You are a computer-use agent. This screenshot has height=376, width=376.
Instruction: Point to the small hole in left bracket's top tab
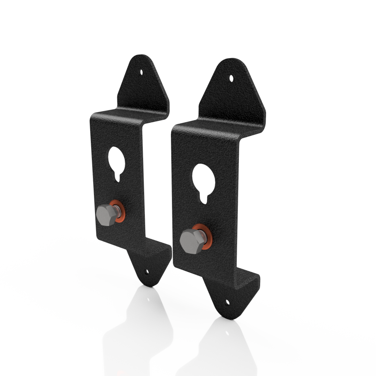click(141, 72)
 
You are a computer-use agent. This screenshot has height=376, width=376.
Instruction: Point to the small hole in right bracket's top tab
click(232, 78)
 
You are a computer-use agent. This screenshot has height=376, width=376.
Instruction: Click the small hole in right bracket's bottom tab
click(228, 303)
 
